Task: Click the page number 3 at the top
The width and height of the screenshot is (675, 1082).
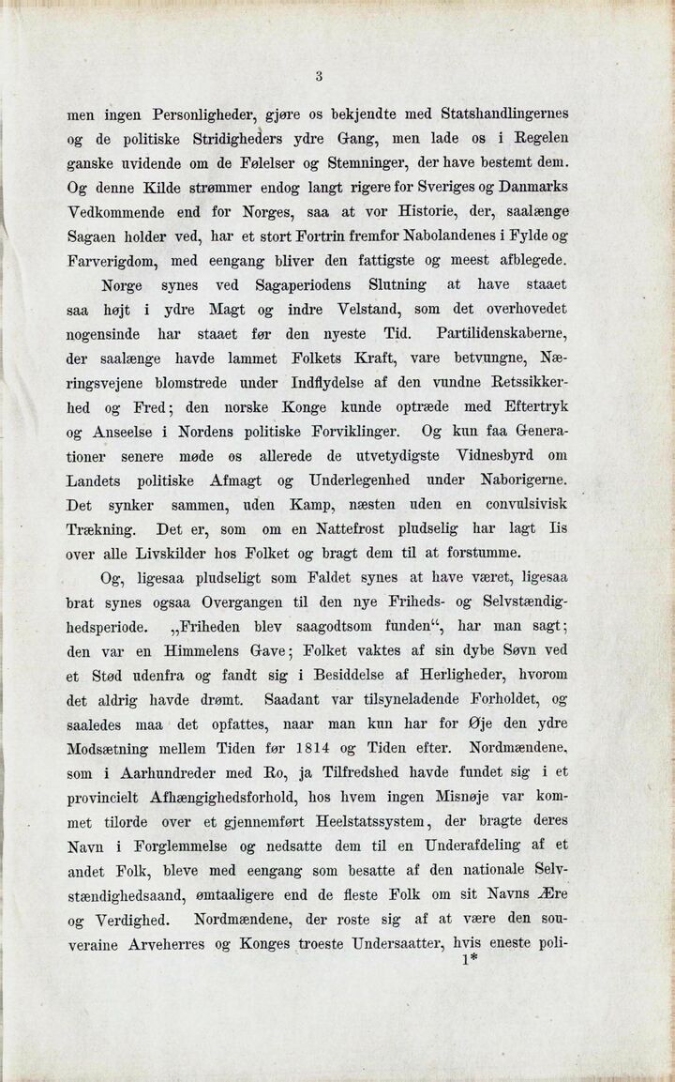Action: point(319,77)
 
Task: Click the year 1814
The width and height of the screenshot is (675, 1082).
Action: point(307,749)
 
